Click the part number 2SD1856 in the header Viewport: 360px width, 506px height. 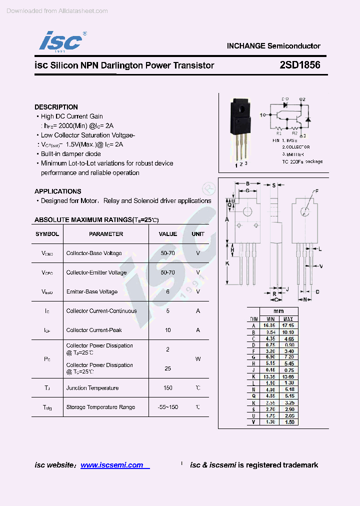[x=300, y=65]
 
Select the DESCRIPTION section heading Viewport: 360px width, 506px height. [x=56, y=107]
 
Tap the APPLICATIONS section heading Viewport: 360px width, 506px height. [x=57, y=191]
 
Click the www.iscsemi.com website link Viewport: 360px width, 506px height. [x=112, y=465]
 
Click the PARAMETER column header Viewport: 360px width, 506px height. [x=106, y=234]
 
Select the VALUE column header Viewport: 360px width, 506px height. [x=168, y=234]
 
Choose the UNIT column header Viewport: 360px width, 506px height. [x=198, y=234]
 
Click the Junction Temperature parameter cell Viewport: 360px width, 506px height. [x=92, y=388]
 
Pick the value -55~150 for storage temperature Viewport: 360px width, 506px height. [x=168, y=407]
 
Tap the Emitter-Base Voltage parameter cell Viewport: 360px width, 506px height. [x=92, y=292]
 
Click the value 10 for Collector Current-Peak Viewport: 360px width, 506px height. [x=168, y=330]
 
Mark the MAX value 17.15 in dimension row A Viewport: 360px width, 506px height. [x=288, y=325]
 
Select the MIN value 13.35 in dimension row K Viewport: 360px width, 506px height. [x=270, y=376]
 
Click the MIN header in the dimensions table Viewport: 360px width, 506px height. [x=270, y=318]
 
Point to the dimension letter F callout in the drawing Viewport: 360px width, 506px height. [x=316, y=191]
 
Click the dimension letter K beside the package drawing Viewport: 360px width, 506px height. [x=227, y=263]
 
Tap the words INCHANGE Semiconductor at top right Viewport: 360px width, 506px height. [x=273, y=46]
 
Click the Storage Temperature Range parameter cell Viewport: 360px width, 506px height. [x=100, y=407]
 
